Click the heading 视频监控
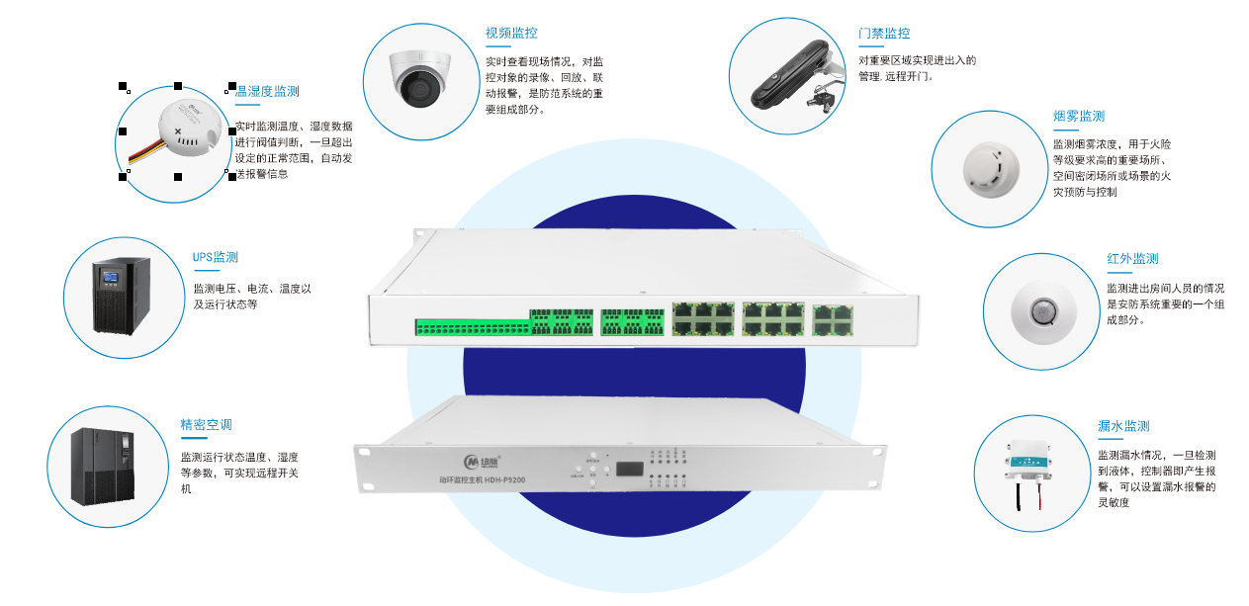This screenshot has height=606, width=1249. click(511, 34)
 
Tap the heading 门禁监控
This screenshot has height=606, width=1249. click(884, 34)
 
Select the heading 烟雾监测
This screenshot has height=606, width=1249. click(1079, 117)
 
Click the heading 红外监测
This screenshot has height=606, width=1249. click(1132, 259)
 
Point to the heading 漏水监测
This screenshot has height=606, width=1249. click(1123, 427)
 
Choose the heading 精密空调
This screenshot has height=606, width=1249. click(206, 425)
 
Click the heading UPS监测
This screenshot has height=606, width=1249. click(216, 258)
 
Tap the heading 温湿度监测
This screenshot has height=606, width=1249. click(268, 92)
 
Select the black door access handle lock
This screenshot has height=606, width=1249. click(791, 77)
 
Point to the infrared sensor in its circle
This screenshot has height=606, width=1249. click(1041, 313)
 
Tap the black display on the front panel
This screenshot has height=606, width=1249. click(627, 468)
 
